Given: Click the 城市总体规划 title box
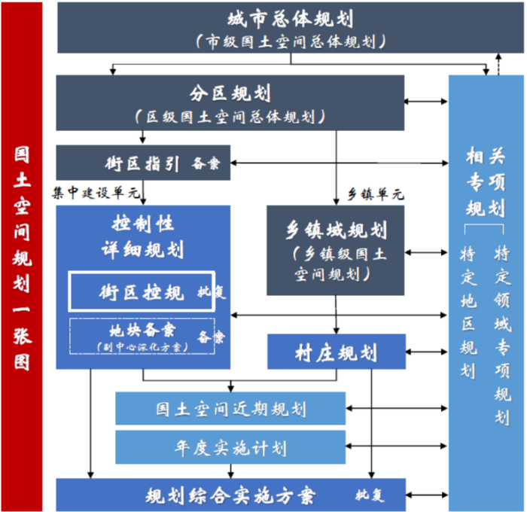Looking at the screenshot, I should pos(279,28).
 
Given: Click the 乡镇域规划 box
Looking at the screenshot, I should pos(336,249).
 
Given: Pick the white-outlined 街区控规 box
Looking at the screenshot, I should pos(142,291).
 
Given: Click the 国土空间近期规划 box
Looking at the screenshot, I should pos(231,410).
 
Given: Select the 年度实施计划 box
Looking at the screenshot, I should pos(231,448).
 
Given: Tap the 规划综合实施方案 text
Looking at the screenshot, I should pos(230,495).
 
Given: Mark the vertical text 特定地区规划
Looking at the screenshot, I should pos(468,312).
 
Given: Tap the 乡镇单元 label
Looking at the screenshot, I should pos(377,194).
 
